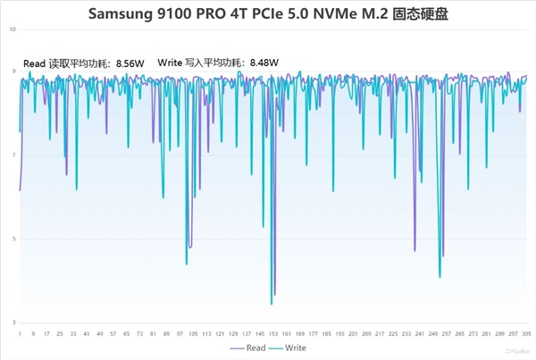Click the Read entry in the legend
[x=255, y=347]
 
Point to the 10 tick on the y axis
[x=12, y=29]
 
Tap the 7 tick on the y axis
[x=13, y=155]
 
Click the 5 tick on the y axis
[x=13, y=239]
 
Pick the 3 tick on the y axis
[x=13, y=322]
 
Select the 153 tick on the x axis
[x=272, y=334]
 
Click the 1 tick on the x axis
[x=20, y=334]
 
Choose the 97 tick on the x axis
[x=180, y=334]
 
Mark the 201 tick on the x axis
[x=353, y=334]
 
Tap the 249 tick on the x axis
[x=432, y=334]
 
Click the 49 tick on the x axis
[x=99, y=334]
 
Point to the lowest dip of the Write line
[x=272, y=304]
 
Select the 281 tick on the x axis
[x=486, y=334]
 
